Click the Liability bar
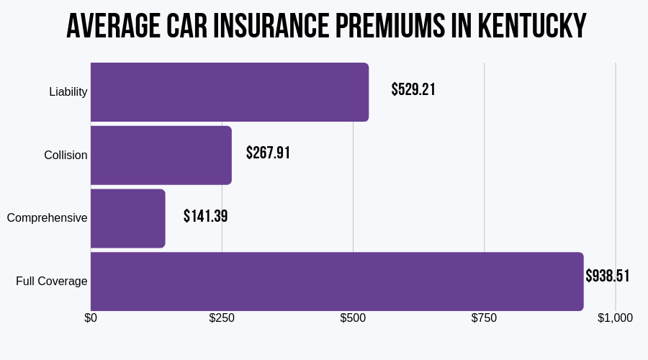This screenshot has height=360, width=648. (x=230, y=92)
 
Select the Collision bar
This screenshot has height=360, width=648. (x=161, y=156)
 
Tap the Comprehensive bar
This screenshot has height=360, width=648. (x=128, y=218)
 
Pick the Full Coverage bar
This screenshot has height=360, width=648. (x=337, y=282)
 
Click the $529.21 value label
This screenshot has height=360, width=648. (x=413, y=90)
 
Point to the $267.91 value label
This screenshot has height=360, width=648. (x=268, y=153)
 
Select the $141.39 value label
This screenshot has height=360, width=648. (x=205, y=216)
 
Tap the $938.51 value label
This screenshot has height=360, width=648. (x=607, y=276)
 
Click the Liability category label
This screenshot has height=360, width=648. (x=68, y=92)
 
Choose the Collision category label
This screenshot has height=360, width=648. (x=66, y=156)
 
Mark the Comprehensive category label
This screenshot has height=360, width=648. (x=48, y=218)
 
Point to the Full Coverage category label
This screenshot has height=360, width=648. (x=52, y=282)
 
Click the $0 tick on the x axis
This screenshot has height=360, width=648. (x=91, y=318)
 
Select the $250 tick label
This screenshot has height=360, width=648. (x=222, y=318)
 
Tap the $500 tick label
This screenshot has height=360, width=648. (x=353, y=318)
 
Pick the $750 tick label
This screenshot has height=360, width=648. (x=484, y=318)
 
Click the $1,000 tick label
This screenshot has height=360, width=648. (x=615, y=318)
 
